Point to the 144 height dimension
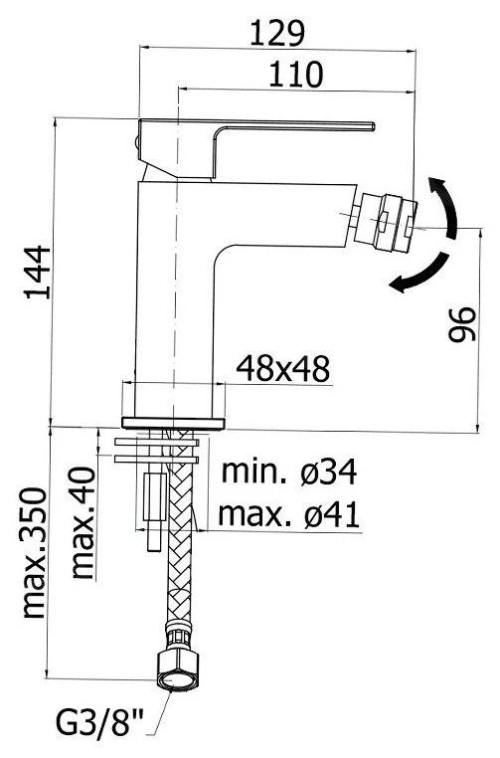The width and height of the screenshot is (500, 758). tap(36, 271)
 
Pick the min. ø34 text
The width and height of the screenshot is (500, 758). tap(288, 473)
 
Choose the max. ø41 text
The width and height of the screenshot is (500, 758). tap(288, 514)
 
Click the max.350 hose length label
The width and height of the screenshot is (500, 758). tap(37, 553)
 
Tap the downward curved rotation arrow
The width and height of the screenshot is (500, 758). tap(417, 274)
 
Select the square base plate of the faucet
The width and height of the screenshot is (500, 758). tap(174, 421)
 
